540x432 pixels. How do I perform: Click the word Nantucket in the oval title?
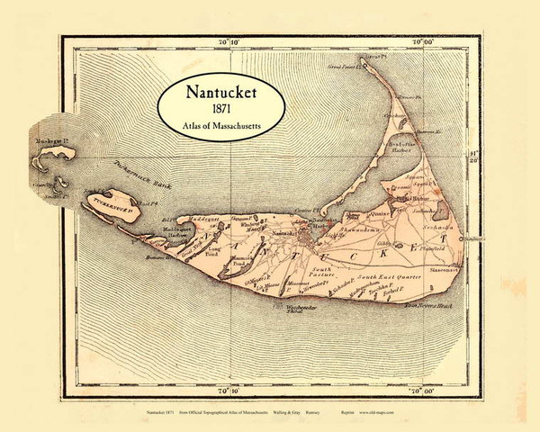[x=225, y=92]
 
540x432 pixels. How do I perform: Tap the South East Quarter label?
[x=387, y=277]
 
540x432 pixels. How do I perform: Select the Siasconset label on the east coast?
[x=446, y=268]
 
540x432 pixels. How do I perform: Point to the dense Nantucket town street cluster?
[x=310, y=236]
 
